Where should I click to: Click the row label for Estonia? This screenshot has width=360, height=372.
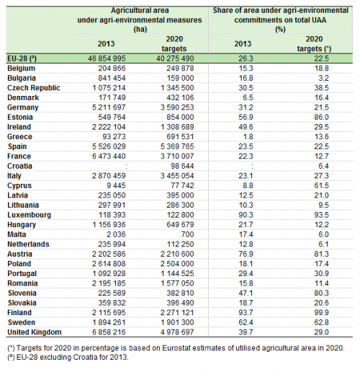pyautogui.click(x=20, y=118)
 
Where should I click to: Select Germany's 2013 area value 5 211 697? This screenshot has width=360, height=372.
pyautogui.click(x=109, y=107)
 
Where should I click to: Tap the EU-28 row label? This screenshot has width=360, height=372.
pyautogui.click(x=22, y=58)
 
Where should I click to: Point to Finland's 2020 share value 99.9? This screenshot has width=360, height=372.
pyautogui.click(x=322, y=313)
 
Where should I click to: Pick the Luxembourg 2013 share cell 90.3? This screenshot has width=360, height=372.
pyautogui.click(x=246, y=215)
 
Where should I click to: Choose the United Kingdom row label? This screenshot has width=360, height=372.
pyautogui.click(x=35, y=332)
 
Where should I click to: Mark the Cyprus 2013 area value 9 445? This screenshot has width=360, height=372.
pyautogui.click(x=116, y=186)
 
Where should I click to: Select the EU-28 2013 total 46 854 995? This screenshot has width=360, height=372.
pyautogui.click(x=107, y=58)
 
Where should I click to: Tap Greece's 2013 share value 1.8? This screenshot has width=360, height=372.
pyautogui.click(x=248, y=137)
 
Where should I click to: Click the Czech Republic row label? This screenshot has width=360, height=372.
pyautogui.click(x=34, y=88)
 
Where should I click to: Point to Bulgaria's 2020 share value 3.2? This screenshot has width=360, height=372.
pyautogui.click(x=324, y=78)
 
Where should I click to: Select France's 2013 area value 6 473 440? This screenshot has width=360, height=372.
pyautogui.click(x=109, y=156)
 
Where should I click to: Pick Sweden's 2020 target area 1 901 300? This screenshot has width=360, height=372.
pyautogui.click(x=177, y=322)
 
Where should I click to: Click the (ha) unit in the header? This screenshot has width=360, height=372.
pyautogui.click(x=140, y=30)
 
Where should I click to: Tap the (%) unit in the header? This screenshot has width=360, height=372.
pyautogui.click(x=280, y=30)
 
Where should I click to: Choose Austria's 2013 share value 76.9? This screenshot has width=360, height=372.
pyautogui.click(x=246, y=254)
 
